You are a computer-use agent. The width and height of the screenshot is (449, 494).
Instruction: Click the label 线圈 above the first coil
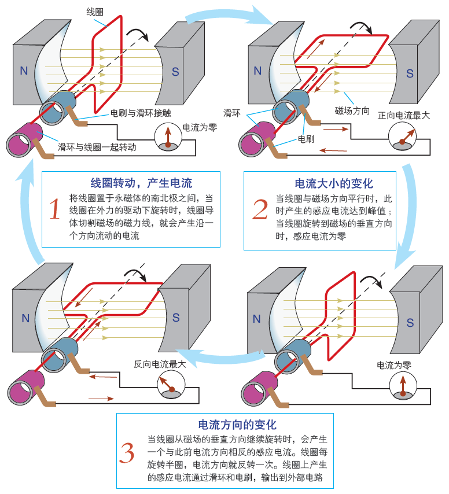[x=94, y=12]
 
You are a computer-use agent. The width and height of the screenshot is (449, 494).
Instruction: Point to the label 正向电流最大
[x=404, y=115]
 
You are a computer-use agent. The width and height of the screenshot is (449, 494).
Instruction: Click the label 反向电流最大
[x=160, y=364]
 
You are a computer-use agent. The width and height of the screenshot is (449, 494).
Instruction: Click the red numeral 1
[x=54, y=210]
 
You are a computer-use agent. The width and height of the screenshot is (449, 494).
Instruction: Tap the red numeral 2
[x=260, y=209]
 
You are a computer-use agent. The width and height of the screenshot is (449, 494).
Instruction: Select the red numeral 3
[x=127, y=453]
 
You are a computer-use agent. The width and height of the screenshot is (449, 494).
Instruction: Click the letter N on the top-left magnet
[x=24, y=71]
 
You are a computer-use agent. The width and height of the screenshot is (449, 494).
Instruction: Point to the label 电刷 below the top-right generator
[x=306, y=139]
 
